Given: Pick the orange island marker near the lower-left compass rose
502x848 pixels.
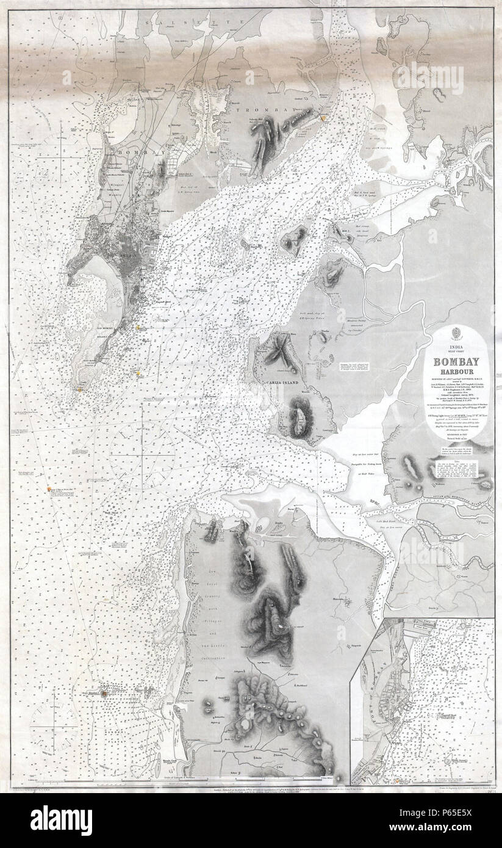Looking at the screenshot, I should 104,694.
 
